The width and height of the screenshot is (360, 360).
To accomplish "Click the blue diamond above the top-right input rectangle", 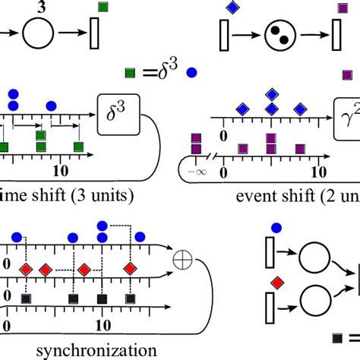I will click(232, 8).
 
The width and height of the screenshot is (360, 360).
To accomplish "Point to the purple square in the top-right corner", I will click(341, 9).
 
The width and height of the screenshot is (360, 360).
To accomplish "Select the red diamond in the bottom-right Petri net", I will click(278, 283).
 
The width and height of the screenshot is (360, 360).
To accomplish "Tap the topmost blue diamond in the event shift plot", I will click(272, 94).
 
